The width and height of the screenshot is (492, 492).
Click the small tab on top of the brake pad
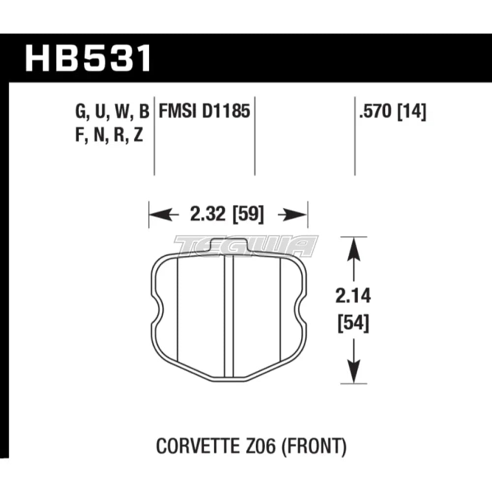pos(228,245)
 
